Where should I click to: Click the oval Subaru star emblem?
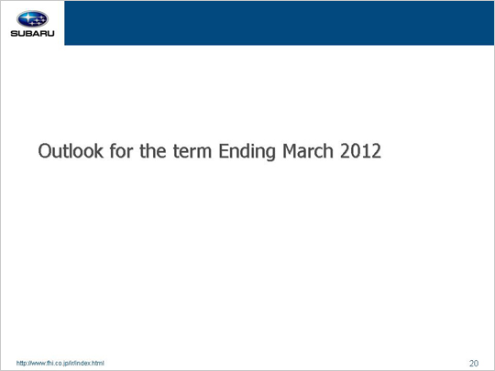pos(32,19)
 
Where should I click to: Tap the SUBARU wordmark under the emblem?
pos(32,34)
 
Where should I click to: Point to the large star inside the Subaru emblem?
pos(27,17)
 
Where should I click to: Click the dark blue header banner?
pos(279,23)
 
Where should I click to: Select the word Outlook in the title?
pos(71,151)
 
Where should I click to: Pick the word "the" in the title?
pos(153,151)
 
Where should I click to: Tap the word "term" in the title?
pos(192,151)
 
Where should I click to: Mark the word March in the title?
pos(308,151)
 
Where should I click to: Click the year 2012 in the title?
pos(360,151)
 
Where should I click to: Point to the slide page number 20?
pos(474,364)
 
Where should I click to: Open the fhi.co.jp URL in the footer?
pos(60,363)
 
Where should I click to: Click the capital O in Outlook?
pos(45,151)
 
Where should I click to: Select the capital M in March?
pos(290,151)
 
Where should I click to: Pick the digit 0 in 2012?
pos(356,151)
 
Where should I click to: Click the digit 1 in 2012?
pos(366,151)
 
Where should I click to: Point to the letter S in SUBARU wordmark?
pos(14,34)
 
